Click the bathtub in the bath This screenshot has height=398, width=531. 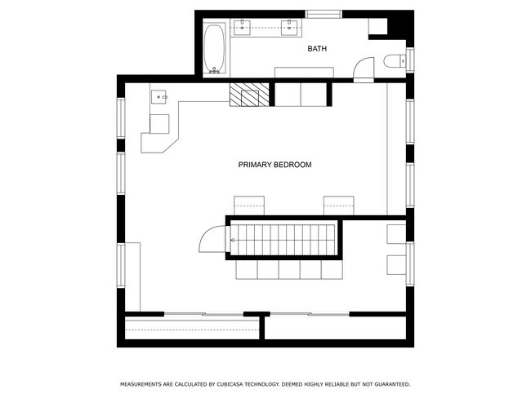click(x=214, y=46)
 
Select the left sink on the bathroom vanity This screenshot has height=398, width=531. click(x=243, y=26)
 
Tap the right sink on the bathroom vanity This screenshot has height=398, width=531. click(x=291, y=26)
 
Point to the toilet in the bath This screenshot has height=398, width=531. click(x=393, y=60)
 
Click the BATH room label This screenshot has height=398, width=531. click(x=317, y=49)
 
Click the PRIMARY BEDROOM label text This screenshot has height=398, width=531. click(x=274, y=165)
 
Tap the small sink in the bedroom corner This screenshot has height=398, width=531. click(x=158, y=97)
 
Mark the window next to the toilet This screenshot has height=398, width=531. click(x=410, y=60)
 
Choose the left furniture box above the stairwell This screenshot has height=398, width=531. click(x=249, y=205)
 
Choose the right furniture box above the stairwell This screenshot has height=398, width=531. click(x=338, y=205)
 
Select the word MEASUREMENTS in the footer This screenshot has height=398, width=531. click(x=144, y=384)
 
